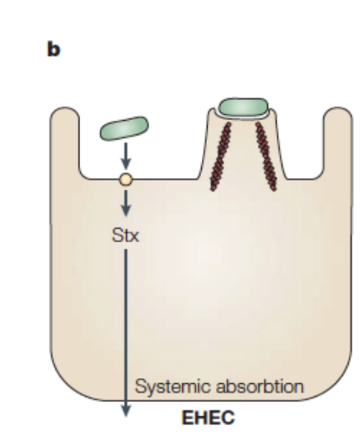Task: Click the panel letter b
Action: tap(53, 49)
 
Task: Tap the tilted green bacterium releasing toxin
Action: tap(124, 128)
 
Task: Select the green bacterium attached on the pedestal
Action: tap(244, 107)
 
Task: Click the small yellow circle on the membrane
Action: tap(126, 179)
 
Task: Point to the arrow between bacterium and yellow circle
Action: tap(126, 155)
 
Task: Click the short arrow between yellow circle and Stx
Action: tap(126, 202)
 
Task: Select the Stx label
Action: tap(125, 235)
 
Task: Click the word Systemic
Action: tap(172, 387)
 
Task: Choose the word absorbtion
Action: tap(260, 386)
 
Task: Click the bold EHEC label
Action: tap(208, 417)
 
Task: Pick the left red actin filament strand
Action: tap(221, 156)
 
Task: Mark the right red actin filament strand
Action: tap(266, 156)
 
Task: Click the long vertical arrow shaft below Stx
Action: tap(126, 326)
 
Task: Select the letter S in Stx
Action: tap(117, 235)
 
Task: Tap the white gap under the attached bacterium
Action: tap(244, 118)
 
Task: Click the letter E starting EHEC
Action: tap(187, 417)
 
